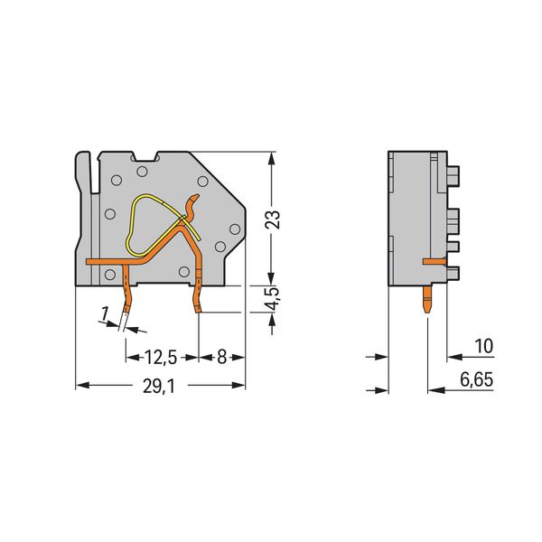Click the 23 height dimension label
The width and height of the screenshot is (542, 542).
tap(273, 220)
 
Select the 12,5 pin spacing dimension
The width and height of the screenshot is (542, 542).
tap(161, 358)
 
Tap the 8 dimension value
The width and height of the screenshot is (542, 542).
tap(221, 358)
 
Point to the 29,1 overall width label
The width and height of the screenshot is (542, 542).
tap(159, 387)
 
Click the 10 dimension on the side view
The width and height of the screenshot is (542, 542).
tap(483, 346)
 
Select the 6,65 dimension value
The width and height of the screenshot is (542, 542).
tap(476, 379)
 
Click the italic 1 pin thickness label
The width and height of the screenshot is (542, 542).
tap(104, 314)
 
